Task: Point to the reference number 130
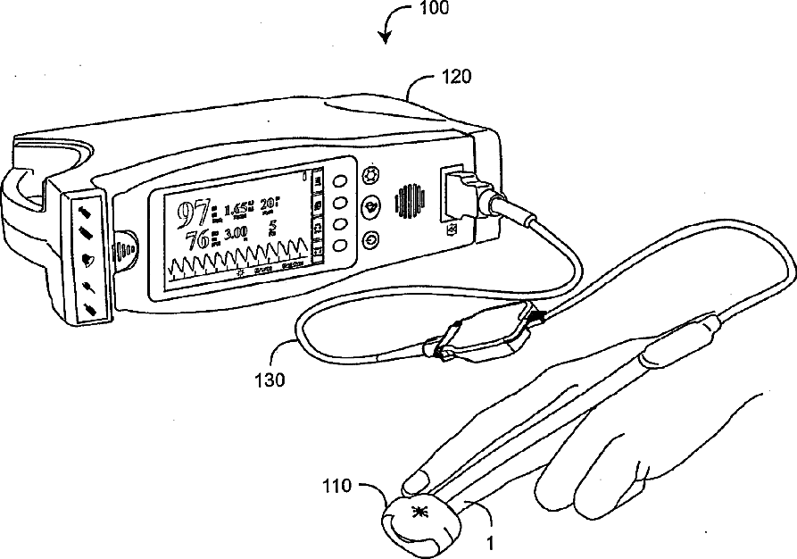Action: coord(270,380)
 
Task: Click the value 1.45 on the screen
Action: coord(237,211)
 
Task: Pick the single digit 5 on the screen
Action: coord(273,226)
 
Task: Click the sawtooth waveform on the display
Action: coord(241,260)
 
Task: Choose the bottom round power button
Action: coord(370,239)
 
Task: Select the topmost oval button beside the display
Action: coord(340,181)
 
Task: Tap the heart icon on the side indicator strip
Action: coord(89,261)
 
